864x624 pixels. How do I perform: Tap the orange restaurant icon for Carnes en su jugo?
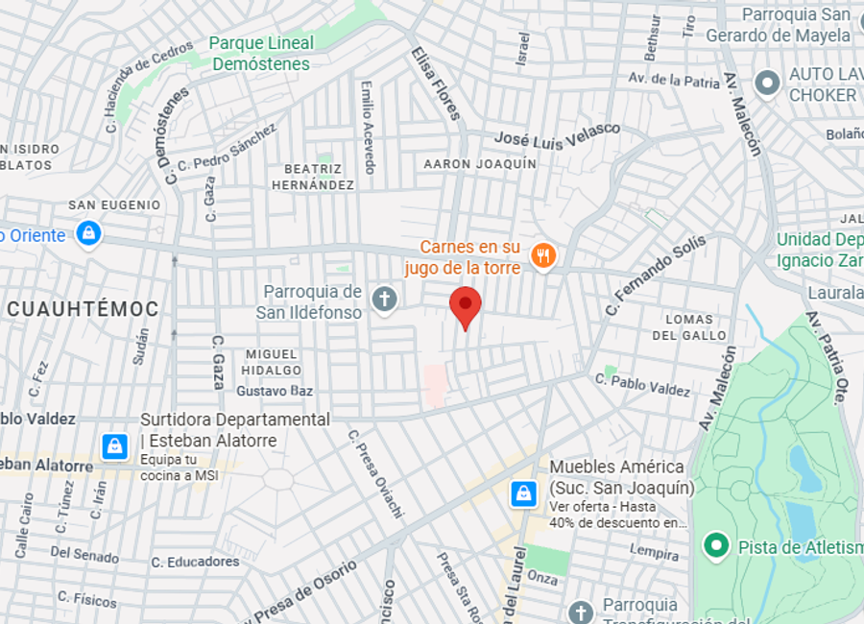coord(544,255)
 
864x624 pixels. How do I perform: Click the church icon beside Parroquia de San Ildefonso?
coord(384,300)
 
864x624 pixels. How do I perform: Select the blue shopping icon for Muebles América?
coord(523,493)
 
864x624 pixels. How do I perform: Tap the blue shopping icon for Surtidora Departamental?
coord(114,446)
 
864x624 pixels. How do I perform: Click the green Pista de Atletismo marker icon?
coord(714,546)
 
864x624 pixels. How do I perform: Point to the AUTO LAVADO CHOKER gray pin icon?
coord(766,84)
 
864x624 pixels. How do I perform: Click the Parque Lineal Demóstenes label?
coord(261,54)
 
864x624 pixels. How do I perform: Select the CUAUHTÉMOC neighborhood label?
coord(83,308)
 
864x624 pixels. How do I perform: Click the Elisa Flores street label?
coord(436,84)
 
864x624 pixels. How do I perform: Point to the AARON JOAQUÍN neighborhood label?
coord(480,164)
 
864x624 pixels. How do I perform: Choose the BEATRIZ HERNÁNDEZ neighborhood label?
coord(313,177)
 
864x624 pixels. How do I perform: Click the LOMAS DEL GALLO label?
coord(689,327)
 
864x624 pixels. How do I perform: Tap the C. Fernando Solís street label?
coord(655,276)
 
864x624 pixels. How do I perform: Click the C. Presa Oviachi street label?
coord(375,473)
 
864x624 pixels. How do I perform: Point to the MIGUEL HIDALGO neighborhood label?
coord(271,362)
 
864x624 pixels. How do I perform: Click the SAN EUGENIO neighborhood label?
coord(114,205)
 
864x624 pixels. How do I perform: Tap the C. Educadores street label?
coord(195,562)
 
